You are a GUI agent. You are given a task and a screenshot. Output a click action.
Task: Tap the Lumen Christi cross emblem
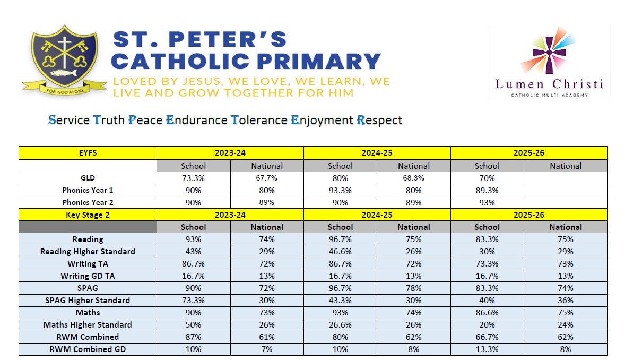[x=549, y=50]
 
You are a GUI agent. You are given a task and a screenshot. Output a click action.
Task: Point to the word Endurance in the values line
[x=196, y=119]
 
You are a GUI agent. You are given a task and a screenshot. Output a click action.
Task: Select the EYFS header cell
[x=88, y=153]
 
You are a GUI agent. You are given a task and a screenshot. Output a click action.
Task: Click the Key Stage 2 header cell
[x=88, y=215]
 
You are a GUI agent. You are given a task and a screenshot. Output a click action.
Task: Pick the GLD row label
[x=88, y=178]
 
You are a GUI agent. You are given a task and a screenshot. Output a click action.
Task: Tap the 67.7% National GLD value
[x=267, y=178]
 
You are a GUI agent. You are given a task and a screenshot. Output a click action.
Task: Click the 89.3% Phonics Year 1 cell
[x=487, y=191]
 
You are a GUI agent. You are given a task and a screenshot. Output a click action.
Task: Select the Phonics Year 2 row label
[x=88, y=202]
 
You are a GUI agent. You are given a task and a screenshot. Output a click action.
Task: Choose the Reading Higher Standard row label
[x=88, y=252]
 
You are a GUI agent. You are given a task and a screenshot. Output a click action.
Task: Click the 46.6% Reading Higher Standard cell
[x=340, y=252]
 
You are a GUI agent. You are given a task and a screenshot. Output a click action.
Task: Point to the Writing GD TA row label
[x=88, y=276]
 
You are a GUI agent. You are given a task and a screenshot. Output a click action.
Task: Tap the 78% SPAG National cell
[x=413, y=288]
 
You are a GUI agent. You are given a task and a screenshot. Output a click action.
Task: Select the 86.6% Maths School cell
[x=487, y=313]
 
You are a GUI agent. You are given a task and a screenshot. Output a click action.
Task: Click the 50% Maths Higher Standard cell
[x=193, y=325]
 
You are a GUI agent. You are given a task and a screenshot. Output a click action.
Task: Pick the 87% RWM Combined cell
[x=193, y=337]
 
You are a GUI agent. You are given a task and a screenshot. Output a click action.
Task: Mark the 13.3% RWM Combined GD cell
[x=487, y=349]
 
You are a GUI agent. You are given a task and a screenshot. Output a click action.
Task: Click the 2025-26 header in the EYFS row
[x=528, y=153]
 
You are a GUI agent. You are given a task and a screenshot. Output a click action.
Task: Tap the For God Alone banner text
[x=65, y=91]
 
